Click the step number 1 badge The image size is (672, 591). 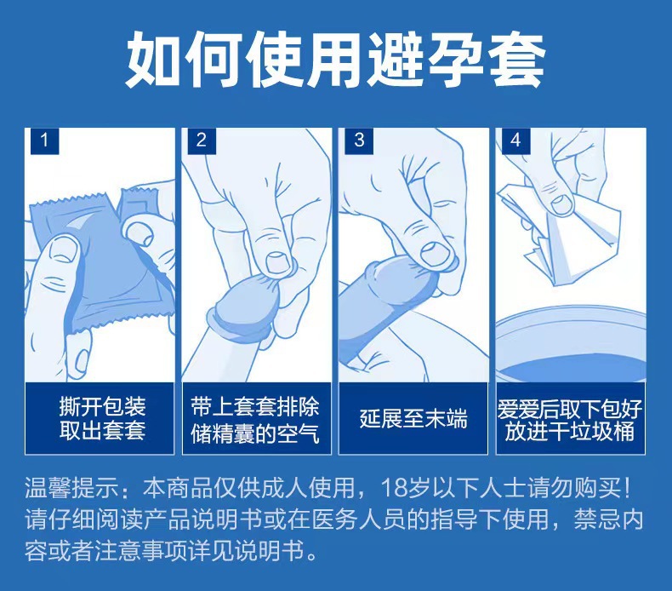[x=44, y=140]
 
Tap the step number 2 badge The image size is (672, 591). [x=202, y=140]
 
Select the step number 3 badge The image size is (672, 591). [x=358, y=140]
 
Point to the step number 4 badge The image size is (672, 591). [x=515, y=140]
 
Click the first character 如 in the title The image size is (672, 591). [x=156, y=59]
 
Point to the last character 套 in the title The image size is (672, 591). [x=515, y=59]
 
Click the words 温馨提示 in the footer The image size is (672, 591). [x=66, y=490]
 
